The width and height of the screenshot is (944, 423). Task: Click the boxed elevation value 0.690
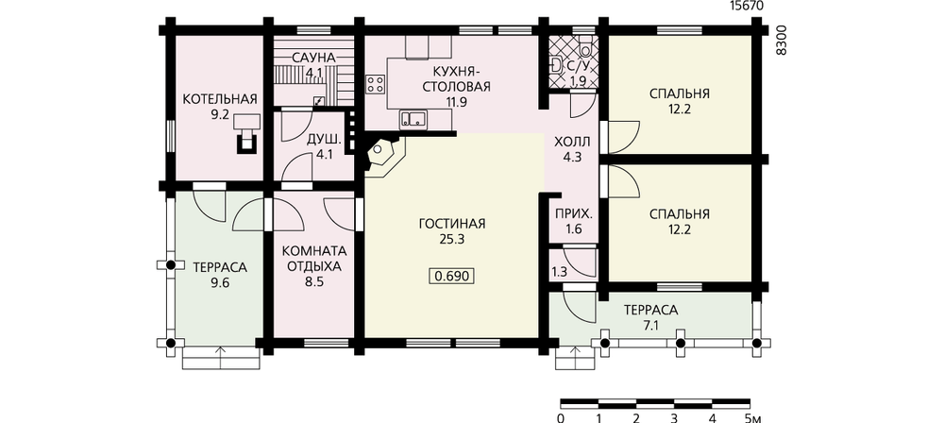tap(451, 276)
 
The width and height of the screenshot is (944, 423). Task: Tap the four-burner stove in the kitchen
tap(376, 84)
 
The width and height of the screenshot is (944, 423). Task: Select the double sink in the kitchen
tap(413, 119)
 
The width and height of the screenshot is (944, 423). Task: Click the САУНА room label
tap(313, 58)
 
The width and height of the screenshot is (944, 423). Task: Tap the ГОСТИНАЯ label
tap(451, 224)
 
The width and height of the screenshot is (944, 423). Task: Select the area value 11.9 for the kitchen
tap(457, 101)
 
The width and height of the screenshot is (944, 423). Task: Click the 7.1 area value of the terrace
tap(650, 326)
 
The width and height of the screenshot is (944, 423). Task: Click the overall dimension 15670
tap(746, 6)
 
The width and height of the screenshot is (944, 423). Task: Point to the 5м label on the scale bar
tap(753, 417)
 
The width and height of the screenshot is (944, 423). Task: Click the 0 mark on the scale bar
tap(561, 417)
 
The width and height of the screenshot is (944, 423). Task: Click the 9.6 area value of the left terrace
tap(220, 281)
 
